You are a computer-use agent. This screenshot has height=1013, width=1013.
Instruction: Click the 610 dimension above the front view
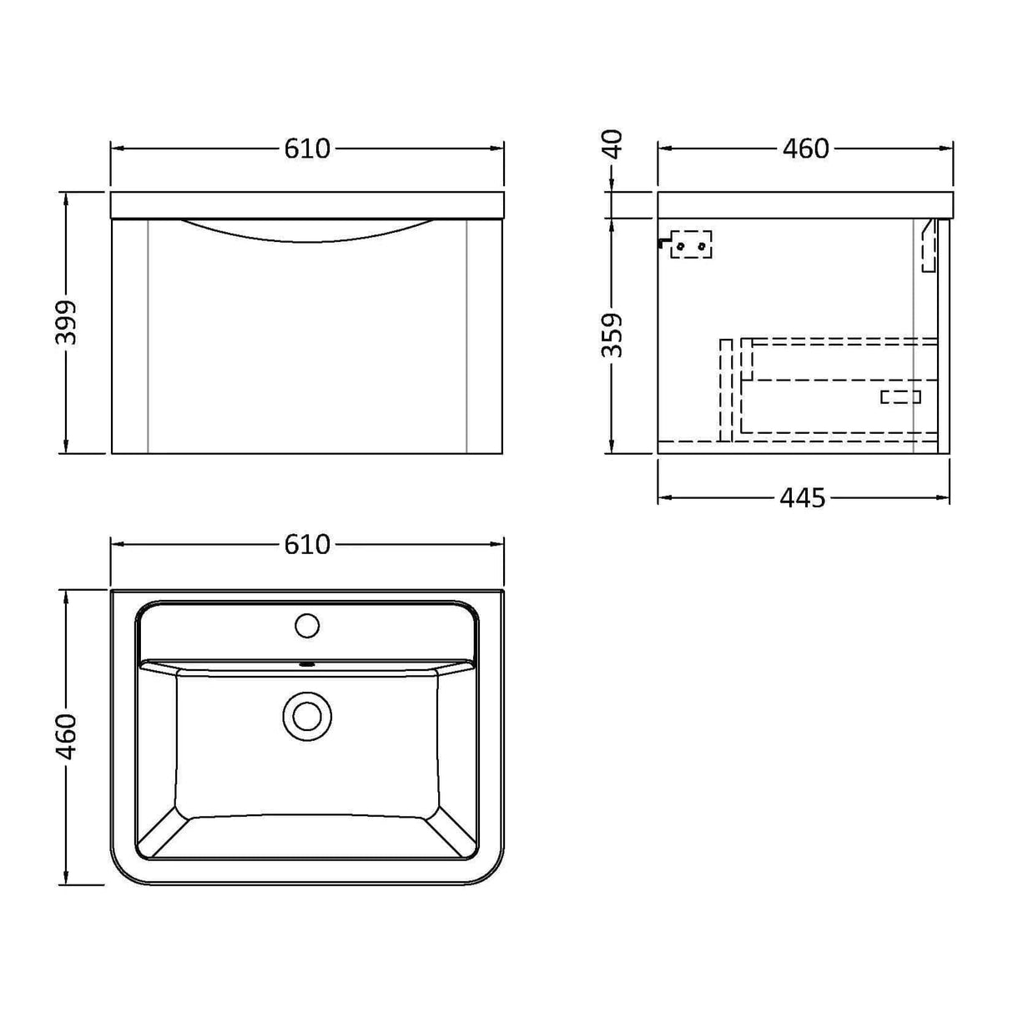click(x=307, y=149)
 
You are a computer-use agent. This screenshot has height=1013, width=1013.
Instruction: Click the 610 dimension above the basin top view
click(x=307, y=545)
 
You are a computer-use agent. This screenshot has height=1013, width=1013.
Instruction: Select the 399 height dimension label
click(x=66, y=322)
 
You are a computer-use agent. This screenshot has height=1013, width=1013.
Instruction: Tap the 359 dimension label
click(x=613, y=335)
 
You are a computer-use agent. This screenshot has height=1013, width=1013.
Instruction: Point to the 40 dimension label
click(x=613, y=144)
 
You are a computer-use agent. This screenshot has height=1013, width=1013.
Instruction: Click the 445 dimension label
click(x=803, y=498)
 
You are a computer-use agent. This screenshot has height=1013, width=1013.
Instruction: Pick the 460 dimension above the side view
click(x=805, y=149)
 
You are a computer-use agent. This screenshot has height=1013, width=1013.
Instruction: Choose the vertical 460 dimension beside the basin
click(x=66, y=736)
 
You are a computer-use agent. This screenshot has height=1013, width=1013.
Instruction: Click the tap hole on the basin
click(x=307, y=625)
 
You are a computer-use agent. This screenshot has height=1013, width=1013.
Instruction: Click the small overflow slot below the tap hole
click(x=307, y=665)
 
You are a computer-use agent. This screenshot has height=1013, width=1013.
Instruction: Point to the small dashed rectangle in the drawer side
click(x=900, y=397)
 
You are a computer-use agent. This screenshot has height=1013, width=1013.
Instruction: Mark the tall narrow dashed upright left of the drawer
click(x=726, y=389)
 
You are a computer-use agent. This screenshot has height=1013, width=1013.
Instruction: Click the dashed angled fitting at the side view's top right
click(x=929, y=245)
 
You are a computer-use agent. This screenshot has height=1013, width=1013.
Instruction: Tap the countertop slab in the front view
click(x=307, y=205)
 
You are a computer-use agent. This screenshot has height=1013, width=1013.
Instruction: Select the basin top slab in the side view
click(x=804, y=205)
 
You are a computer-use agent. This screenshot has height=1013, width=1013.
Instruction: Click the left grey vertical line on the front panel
click(x=148, y=335)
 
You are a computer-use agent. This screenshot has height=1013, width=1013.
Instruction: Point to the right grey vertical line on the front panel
click(x=467, y=335)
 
